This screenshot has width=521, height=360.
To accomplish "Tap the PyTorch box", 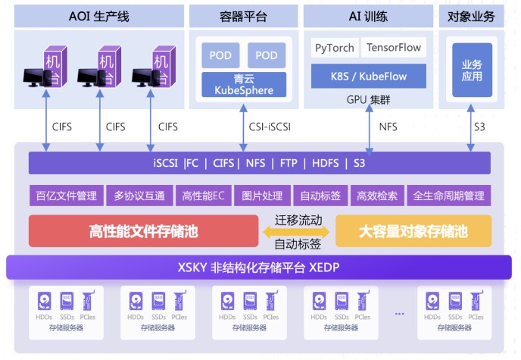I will pos(334,48).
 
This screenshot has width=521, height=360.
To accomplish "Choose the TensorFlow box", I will pos(393,48).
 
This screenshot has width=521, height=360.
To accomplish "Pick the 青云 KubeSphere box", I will pos(244,84).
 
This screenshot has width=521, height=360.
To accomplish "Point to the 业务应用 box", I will pos(472,70).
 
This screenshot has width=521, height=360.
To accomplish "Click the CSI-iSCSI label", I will pos(270,127).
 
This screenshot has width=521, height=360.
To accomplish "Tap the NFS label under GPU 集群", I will pos(388,127).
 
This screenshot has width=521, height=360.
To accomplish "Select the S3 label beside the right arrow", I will pos(479,127).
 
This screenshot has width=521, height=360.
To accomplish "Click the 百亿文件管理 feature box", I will pos(66,196).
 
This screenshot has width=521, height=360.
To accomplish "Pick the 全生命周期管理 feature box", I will pos(448,196).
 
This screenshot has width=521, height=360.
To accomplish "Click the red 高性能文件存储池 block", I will pos(143,230).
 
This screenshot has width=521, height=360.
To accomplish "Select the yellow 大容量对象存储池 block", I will pos(413,230).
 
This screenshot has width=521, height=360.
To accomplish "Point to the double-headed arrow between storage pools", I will pos(298,233).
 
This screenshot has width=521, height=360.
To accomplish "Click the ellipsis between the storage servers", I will pos(399,312).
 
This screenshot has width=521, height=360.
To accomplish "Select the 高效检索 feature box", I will pos(377,196).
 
